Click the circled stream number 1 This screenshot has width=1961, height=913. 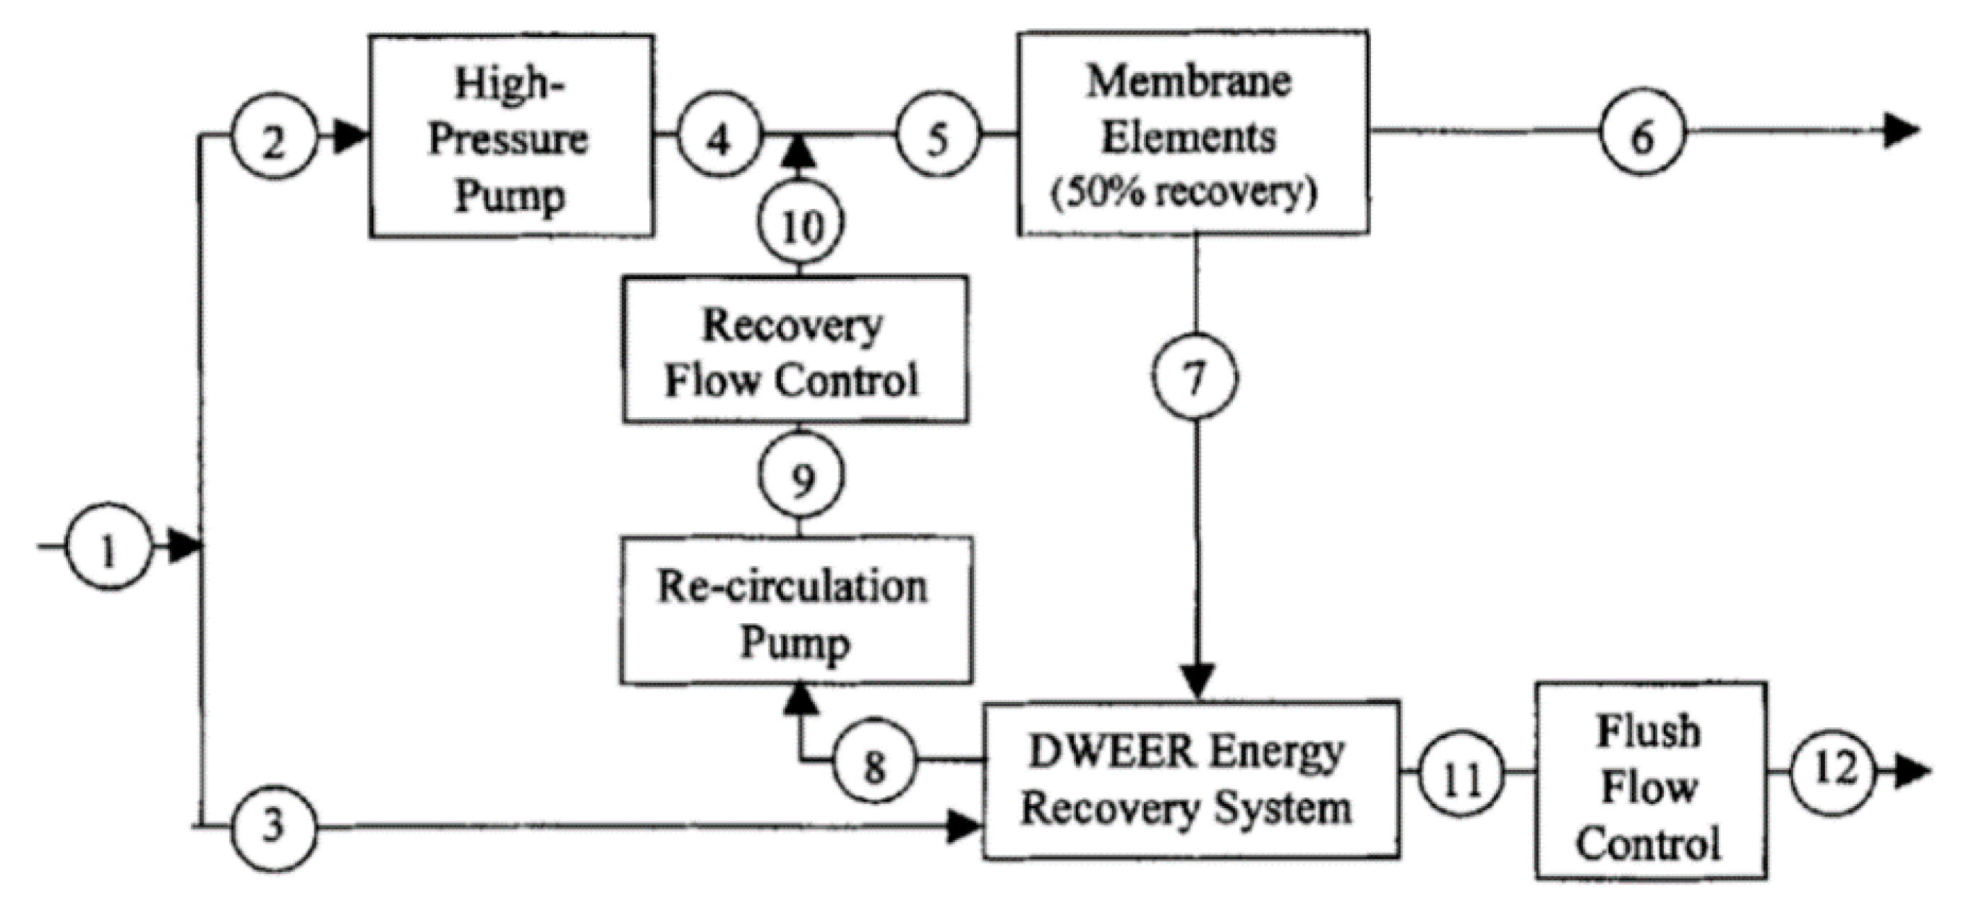(x=108, y=546)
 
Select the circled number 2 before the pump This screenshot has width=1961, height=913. (x=274, y=137)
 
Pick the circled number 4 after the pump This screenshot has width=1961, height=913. (x=719, y=135)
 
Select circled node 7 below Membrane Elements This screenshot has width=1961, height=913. (x=1195, y=377)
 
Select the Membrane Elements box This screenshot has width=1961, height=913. (x=1193, y=133)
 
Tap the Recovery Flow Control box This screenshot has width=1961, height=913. (x=795, y=350)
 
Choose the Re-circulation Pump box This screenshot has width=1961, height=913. (x=795, y=611)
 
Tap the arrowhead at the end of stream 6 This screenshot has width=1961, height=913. (x=1903, y=131)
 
